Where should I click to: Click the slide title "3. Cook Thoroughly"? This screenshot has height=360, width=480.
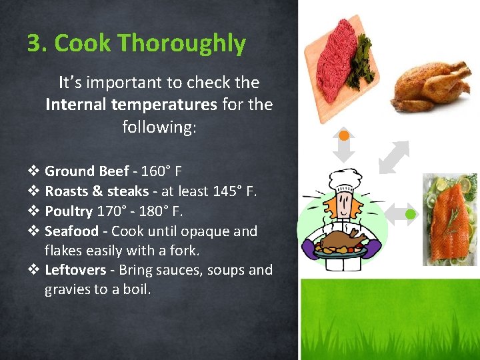click(137, 43)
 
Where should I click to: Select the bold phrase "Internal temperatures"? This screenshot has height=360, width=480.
click(131, 105)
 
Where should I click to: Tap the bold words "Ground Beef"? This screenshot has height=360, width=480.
click(87, 171)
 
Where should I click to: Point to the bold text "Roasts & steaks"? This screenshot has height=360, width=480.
click(97, 191)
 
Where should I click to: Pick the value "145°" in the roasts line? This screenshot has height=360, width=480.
click(228, 191)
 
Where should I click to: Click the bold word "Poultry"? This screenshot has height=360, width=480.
click(69, 211)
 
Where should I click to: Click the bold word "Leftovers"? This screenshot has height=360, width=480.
click(75, 270)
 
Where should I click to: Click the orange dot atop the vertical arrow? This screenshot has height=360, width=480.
click(344, 136)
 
